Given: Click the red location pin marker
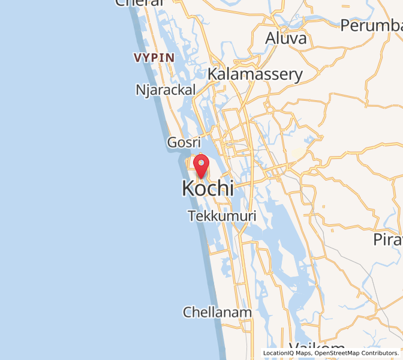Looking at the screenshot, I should pyautogui.click(x=201, y=166).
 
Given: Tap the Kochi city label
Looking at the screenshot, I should pyautogui.click(x=207, y=188).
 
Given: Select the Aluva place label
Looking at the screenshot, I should pyautogui.click(x=286, y=38).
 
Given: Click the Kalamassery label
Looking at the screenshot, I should pyautogui.click(x=255, y=74).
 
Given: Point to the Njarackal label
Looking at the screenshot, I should pyautogui.click(x=166, y=90).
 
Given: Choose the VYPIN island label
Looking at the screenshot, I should pyautogui.click(x=154, y=58).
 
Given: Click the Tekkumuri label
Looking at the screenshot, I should pyautogui.click(x=222, y=216).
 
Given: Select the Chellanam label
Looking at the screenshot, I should pyautogui.click(x=217, y=312).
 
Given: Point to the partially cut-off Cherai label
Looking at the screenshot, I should pyautogui.click(x=140, y=3).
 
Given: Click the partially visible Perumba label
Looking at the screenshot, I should pyautogui.click(x=371, y=26).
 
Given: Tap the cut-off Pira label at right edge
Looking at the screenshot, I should pyautogui.click(x=387, y=239).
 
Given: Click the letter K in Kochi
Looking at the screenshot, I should pyautogui.click(x=188, y=188).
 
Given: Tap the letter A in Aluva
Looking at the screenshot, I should pyautogui.click(x=270, y=38).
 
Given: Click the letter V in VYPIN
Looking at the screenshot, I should pyautogui.click(x=138, y=58).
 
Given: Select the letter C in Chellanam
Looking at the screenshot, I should pyautogui.click(x=188, y=312).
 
